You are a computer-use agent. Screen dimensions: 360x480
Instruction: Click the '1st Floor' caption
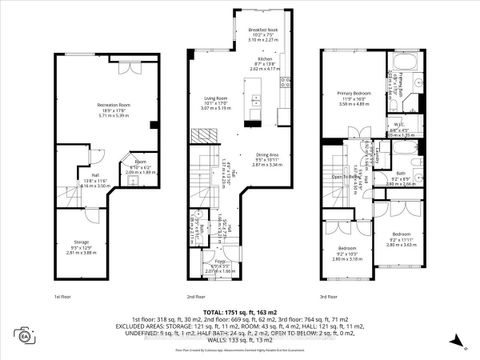coord(62,296)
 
